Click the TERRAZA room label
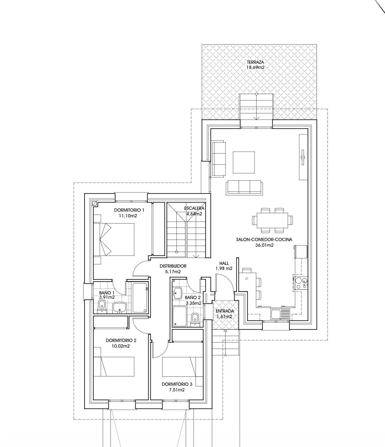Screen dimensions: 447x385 coord(255,62)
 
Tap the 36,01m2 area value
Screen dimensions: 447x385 coord(264,245)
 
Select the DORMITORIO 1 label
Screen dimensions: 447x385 coord(129,210)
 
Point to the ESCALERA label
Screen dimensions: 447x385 coord(194,208)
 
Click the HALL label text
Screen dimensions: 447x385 coord(224,263)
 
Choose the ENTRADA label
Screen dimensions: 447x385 coord(225,311)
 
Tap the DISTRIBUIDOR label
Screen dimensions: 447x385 coord(173,266)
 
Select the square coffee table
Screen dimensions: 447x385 coord(244,162)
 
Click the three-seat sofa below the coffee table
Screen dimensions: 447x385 coord(244,187)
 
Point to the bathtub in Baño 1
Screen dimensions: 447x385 coord(140,298)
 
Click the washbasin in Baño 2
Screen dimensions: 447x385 coord(178,293)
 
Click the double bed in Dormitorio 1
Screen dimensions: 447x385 coord(117,240)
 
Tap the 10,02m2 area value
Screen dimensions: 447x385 coord(121,346)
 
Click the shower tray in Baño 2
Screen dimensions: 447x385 coord(180,316)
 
